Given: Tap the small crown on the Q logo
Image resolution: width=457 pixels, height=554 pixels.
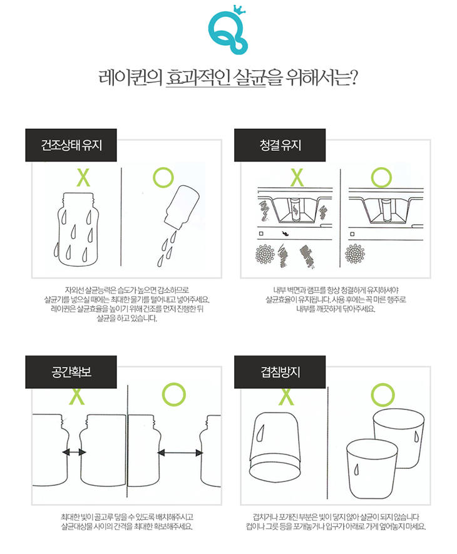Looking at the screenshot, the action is pos(240,11).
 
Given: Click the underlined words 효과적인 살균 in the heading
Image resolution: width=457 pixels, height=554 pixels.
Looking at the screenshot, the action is pos(215,78).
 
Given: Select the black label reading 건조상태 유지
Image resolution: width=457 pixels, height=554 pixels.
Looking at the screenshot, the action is pos(71,145).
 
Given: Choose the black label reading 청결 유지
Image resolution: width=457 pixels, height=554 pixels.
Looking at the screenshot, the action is pos(280,145).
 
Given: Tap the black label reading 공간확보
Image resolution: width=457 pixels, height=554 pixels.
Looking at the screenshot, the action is pos(71,372).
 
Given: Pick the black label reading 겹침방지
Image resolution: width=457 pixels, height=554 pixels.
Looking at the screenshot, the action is pos(280,372).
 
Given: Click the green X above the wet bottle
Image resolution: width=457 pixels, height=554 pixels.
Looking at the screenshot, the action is pos(83,178).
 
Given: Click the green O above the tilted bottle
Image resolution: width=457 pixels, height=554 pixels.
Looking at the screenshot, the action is pos(163,177).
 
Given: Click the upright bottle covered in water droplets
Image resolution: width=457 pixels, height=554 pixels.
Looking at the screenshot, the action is pos(78,229).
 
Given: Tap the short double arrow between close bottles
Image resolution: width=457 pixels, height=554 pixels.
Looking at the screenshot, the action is pos(74,452).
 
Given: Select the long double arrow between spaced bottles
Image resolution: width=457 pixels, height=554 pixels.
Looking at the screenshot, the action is pos(180,453).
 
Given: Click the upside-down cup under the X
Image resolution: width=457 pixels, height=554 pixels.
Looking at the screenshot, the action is pos(275,444).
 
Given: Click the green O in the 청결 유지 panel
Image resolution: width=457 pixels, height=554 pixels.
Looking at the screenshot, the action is pos(381,178).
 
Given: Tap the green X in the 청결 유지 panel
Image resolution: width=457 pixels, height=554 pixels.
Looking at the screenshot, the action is pos(297,178).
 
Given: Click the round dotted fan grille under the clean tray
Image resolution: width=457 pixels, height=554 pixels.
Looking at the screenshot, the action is pos(355,254).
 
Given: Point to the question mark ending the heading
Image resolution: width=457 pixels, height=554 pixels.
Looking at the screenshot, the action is pos(351,78).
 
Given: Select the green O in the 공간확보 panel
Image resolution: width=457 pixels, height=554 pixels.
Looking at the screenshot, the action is pos(174,394).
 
